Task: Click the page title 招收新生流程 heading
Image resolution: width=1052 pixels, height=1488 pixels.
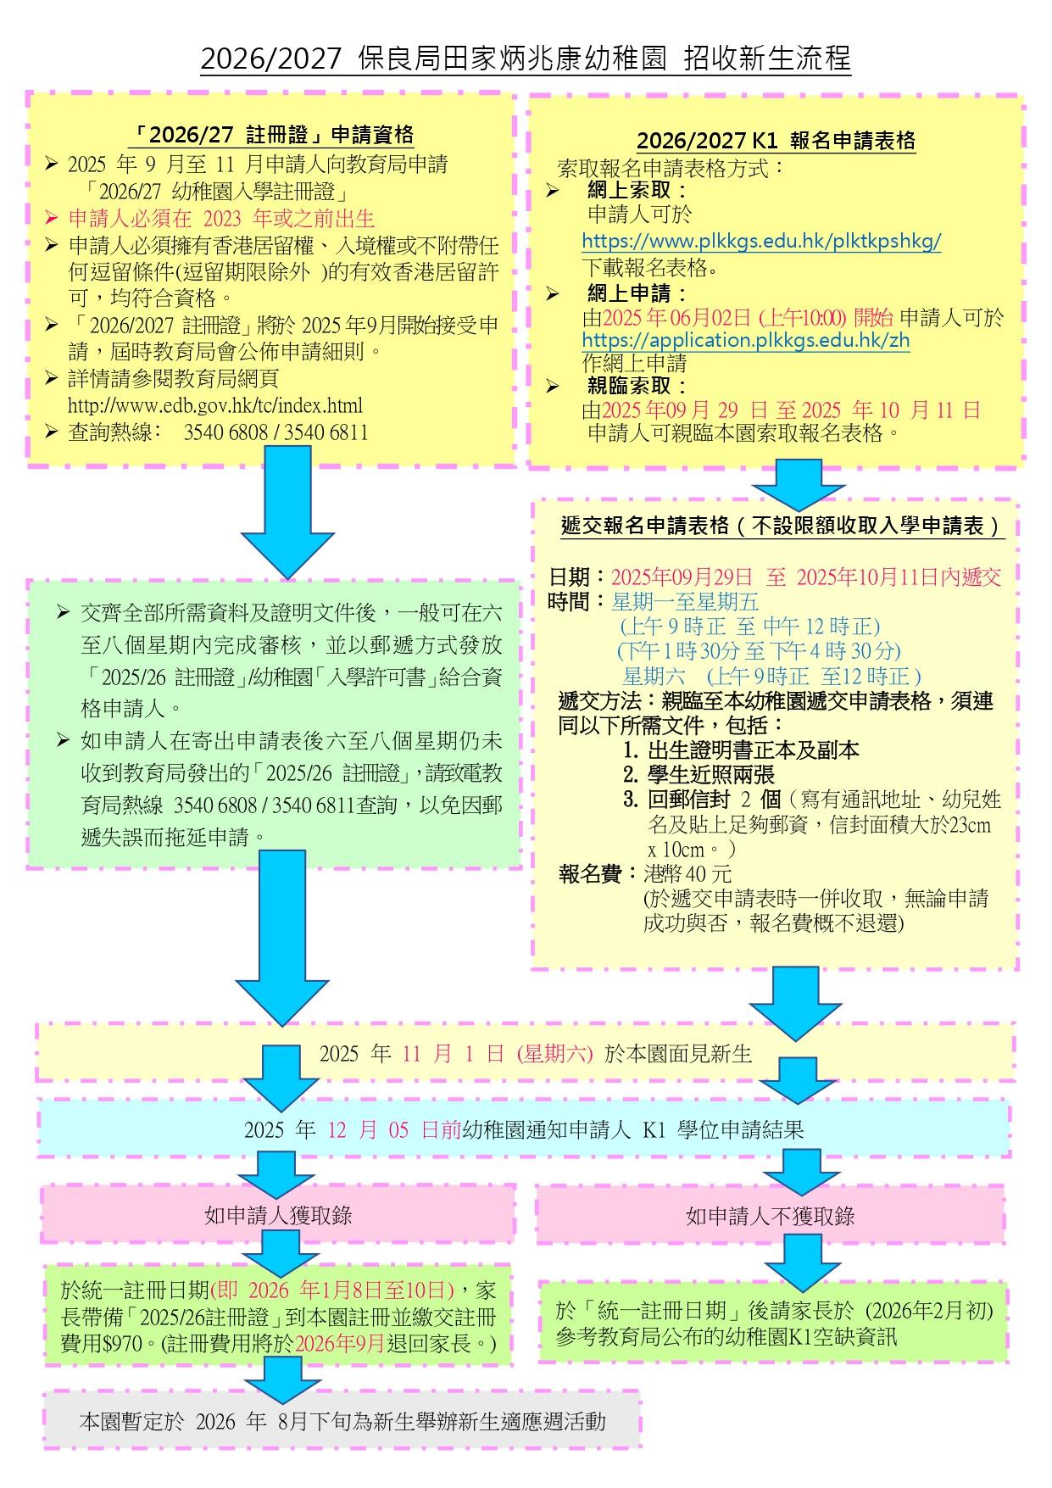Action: click(x=526, y=59)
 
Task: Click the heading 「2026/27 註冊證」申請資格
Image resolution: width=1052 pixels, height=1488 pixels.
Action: click(x=276, y=134)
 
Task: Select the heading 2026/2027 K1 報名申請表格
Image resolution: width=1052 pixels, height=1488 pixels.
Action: click(x=776, y=140)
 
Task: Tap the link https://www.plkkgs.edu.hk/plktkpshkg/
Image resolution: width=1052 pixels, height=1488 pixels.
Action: click(x=761, y=241)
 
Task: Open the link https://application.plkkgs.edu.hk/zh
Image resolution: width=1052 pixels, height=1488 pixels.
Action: click(x=746, y=341)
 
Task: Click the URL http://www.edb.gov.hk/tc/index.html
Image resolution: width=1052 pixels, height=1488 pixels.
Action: click(x=215, y=406)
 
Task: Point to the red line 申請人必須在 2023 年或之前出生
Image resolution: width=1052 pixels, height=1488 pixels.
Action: click(x=221, y=219)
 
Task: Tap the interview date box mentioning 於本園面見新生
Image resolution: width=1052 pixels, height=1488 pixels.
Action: click(x=526, y=1052)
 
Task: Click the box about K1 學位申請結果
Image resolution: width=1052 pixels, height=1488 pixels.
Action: click(x=524, y=1129)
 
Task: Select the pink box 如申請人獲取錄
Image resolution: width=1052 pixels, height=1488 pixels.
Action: click(x=278, y=1214)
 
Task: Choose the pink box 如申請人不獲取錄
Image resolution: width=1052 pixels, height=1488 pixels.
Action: click(x=770, y=1215)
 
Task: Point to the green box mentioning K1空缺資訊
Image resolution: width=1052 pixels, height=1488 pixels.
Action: click(x=773, y=1322)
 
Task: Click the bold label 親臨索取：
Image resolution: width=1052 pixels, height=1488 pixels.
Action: click(x=637, y=387)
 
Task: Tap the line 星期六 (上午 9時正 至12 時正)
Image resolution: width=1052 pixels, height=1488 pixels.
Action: click(x=771, y=676)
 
